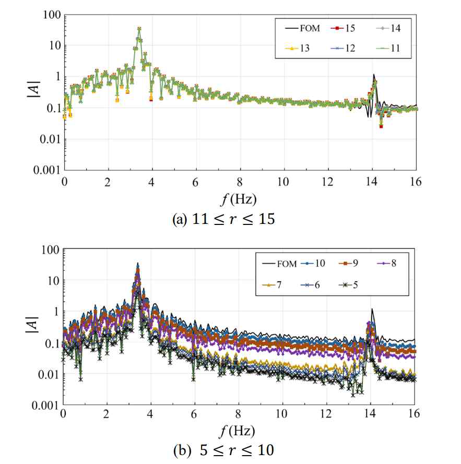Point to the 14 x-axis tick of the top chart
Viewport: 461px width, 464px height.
pos(372,183)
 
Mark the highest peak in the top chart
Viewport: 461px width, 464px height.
pos(139,29)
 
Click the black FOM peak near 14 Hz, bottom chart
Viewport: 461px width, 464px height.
pos(372,309)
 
